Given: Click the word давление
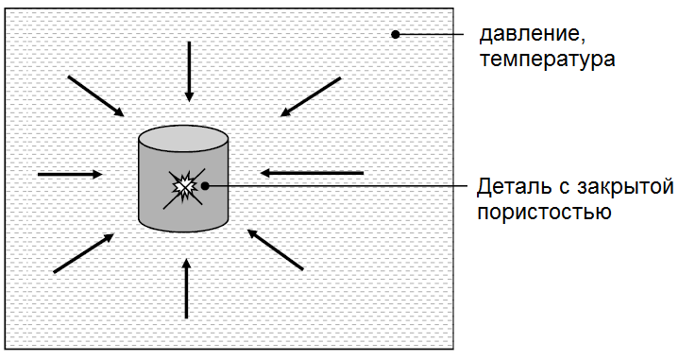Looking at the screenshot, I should tap(525, 37).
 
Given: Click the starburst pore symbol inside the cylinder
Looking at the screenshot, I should tap(182, 187).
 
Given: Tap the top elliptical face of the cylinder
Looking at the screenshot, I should tap(184, 139).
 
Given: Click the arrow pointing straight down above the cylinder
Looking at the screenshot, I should tap(190, 71).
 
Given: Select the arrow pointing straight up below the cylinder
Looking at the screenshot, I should tap(187, 288).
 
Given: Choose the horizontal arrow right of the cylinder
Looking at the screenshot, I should tap(312, 173).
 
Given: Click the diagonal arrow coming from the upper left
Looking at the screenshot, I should tap(95, 96).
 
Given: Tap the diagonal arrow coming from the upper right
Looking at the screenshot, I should tap(310, 97).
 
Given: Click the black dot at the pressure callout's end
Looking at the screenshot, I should tap(397, 36).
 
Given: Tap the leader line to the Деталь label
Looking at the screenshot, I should tap(340, 186).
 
